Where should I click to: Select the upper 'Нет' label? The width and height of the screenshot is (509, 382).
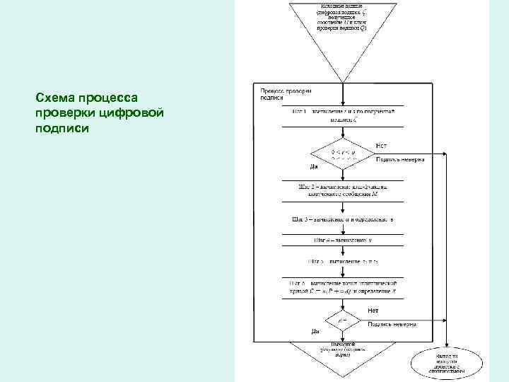pos(381,145)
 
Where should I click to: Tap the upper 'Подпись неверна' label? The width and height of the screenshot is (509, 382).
pos(399,160)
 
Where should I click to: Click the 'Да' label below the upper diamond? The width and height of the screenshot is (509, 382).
pos(315,167)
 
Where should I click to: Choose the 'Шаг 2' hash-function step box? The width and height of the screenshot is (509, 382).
pos(343,190)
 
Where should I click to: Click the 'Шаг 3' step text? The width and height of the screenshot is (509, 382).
pos(343,219)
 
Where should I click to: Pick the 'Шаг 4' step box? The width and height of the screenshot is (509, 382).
pos(343,240)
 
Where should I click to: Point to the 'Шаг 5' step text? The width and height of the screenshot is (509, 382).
pos(343,261)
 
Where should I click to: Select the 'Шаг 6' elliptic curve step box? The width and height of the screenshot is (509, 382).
pos(343,286)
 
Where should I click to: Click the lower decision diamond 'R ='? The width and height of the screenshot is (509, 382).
pos(343,321)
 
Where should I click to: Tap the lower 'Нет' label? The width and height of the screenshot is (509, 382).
pos(373,311)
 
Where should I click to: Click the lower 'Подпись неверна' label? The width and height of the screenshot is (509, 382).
pos(391,324)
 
